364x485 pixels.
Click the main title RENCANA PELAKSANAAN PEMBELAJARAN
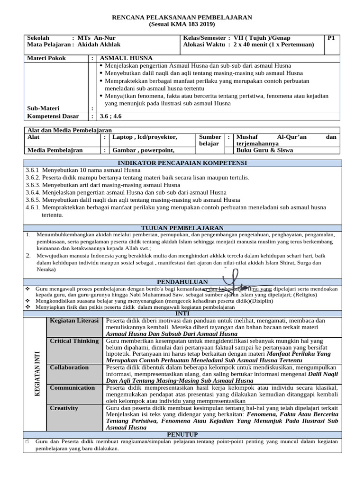[182, 18]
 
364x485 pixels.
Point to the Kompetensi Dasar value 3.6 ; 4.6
[110, 116]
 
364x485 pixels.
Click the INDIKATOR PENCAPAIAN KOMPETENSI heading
[182, 163]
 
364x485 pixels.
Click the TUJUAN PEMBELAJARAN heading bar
[182, 228]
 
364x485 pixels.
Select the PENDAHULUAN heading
[182, 281]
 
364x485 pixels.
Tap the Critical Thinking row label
[74, 341]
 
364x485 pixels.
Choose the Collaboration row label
[69, 368]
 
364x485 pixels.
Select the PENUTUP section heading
[182, 434]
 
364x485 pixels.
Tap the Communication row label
[73, 387]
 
